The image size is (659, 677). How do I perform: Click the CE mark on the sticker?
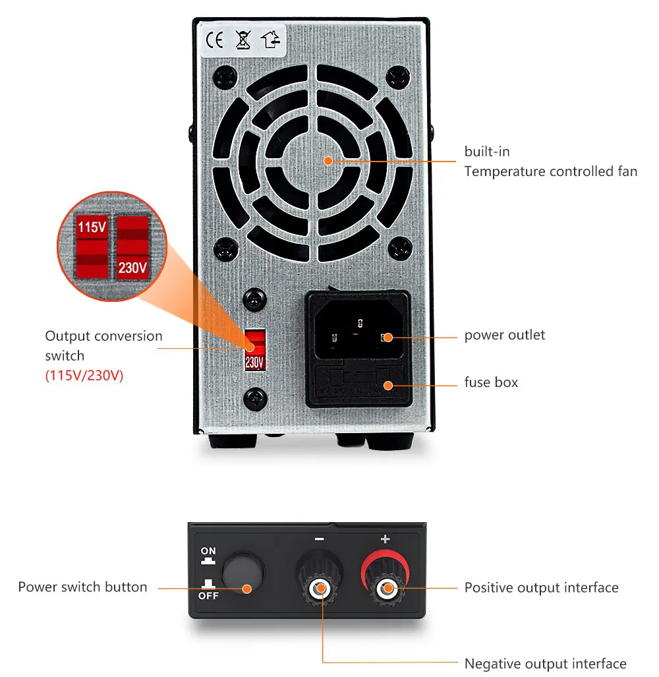pyautogui.click(x=214, y=41)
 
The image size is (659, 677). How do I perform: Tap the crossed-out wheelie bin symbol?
pyautogui.click(x=243, y=41)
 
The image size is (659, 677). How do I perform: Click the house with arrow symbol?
pyautogui.click(x=271, y=41)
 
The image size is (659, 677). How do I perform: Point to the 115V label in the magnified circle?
pyautogui.click(x=92, y=228)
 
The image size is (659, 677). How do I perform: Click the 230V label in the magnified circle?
pyautogui.click(x=132, y=268)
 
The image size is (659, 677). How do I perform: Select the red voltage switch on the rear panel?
pyautogui.click(x=254, y=350)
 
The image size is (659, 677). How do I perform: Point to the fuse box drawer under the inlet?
pyautogui.click(x=358, y=385)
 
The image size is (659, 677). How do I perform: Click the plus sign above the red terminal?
pyautogui.click(x=385, y=539)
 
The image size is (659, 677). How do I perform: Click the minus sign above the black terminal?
pyautogui.click(x=320, y=539)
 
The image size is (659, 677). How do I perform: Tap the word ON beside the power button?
pyautogui.click(x=208, y=550)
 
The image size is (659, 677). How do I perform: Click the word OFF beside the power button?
pyautogui.click(x=208, y=595)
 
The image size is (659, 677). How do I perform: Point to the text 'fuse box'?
pyautogui.click(x=491, y=382)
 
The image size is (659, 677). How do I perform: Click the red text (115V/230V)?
pyautogui.click(x=84, y=376)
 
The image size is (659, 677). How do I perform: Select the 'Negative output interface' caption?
pyautogui.click(x=545, y=663)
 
